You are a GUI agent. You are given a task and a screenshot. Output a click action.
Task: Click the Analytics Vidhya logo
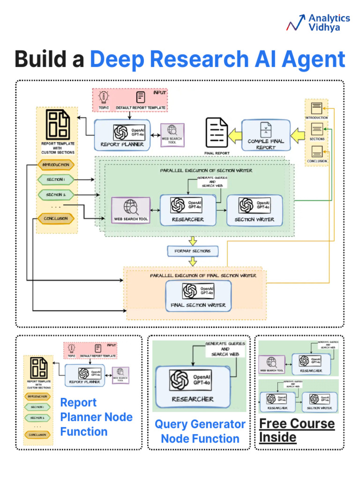(x=319, y=22)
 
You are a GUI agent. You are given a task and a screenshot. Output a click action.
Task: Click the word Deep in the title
(x=118, y=60)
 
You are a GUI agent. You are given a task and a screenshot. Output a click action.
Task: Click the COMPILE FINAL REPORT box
(x=265, y=135)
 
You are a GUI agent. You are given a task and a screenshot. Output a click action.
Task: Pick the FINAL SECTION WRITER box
(x=198, y=296)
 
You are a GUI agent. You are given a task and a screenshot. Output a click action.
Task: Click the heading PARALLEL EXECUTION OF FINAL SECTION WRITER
(x=203, y=276)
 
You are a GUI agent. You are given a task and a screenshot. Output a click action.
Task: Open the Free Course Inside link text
(x=297, y=430)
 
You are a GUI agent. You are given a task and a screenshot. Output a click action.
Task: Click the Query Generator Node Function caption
(x=200, y=431)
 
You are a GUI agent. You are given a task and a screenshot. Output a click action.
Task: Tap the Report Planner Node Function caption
(x=96, y=417)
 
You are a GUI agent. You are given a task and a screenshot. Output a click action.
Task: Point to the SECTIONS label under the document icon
(x=317, y=139)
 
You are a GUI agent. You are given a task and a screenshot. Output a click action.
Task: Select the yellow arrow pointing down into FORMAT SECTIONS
(x=193, y=241)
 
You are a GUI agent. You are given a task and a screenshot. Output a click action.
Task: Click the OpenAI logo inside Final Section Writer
(x=190, y=292)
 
